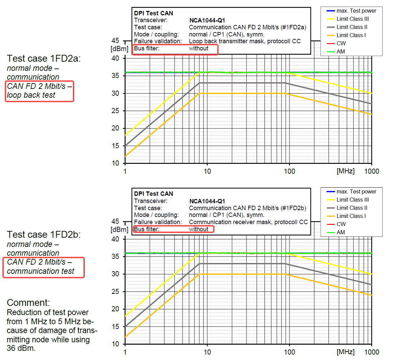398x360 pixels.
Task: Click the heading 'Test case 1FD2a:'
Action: [44, 59]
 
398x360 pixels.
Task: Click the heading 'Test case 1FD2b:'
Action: [44, 235]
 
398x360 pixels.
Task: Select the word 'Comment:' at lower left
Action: [28, 303]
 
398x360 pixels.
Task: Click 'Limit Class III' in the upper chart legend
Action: [352, 19]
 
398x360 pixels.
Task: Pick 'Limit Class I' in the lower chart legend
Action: [351, 216]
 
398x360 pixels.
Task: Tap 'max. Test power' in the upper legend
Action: [356, 11]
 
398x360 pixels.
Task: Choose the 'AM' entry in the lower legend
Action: [341, 233]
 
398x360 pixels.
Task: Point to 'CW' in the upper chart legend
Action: [341, 44]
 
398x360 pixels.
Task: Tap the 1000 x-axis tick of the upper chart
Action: [371, 171]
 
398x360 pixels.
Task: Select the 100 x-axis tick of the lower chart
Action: [289, 352]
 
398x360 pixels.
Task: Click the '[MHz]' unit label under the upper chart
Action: [345, 171]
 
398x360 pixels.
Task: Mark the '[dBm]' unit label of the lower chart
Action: [120, 230]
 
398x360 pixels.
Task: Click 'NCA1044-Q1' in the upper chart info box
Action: [207, 20]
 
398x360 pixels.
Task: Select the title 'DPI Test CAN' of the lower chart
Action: [154, 194]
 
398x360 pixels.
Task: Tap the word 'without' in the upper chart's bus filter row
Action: [198, 48]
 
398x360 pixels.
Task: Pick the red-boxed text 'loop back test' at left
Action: [31, 95]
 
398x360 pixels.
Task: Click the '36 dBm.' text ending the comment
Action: [21, 348]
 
